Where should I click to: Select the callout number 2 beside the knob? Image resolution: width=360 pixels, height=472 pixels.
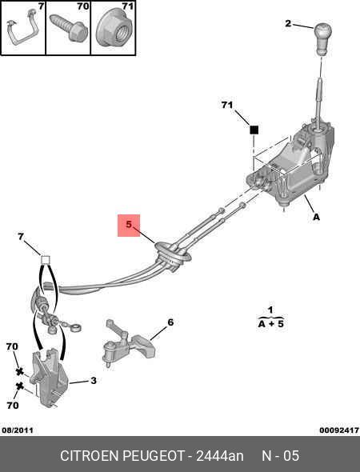288,23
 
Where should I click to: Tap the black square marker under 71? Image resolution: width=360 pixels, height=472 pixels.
254,130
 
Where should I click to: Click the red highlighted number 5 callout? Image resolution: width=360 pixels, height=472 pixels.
129,225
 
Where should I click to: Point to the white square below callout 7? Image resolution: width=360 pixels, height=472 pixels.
45,259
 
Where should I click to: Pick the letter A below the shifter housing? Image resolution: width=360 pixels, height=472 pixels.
316,217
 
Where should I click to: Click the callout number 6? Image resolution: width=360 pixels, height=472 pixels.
170,322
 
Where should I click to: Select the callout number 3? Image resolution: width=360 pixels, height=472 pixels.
94,381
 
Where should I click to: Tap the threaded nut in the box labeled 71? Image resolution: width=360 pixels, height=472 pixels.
114,30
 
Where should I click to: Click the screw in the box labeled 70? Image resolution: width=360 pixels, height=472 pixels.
69,27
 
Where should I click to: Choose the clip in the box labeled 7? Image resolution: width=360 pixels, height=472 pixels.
23,28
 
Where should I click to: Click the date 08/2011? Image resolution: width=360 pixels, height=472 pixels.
18,430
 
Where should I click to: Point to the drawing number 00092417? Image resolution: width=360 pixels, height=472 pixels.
339,430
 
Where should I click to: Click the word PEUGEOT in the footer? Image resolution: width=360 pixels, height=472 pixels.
154,456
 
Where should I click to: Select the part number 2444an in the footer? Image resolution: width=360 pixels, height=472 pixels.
220,456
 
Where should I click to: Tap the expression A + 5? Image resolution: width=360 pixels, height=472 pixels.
271,324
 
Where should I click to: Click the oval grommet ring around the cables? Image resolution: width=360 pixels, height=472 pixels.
173,253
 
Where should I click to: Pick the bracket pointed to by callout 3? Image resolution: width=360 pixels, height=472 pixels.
50,378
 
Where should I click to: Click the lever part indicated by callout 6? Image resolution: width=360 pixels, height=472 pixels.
129,343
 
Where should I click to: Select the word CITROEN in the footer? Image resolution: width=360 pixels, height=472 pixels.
90,456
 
